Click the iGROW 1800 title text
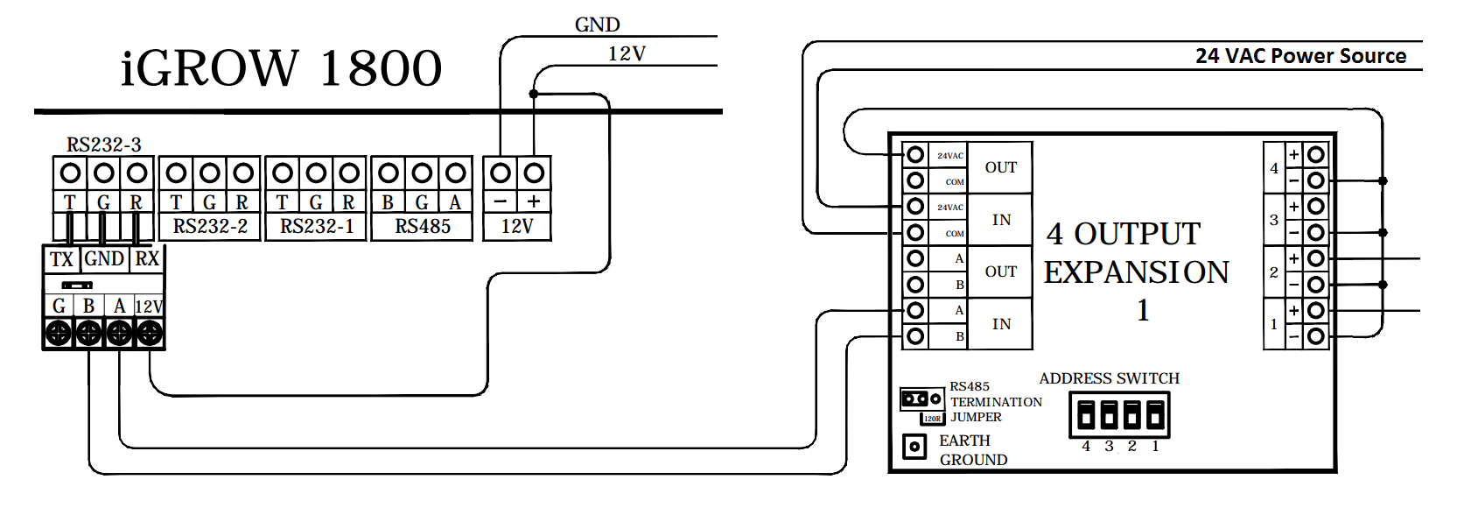pos(281,68)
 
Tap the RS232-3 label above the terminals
pos(103,145)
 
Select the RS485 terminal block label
pos(423,227)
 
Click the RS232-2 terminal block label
pos(210,227)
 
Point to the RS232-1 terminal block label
pos(317,227)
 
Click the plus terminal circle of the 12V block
pos(534,173)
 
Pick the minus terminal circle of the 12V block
pos(501,173)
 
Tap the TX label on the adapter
pos(61,259)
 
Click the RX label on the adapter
pos(147,259)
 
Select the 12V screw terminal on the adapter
pos(150,333)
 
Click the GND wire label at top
pos(597,25)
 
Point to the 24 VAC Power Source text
pos(1300,56)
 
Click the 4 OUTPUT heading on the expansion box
pos(1124,234)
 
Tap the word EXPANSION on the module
pos(1136,272)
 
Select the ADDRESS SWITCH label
pos(1109,378)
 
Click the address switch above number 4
pos(1086,414)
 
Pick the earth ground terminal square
pos(914,447)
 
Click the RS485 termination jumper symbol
pos(921,399)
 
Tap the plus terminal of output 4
pos(1315,155)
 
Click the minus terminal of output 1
pos(1315,336)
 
